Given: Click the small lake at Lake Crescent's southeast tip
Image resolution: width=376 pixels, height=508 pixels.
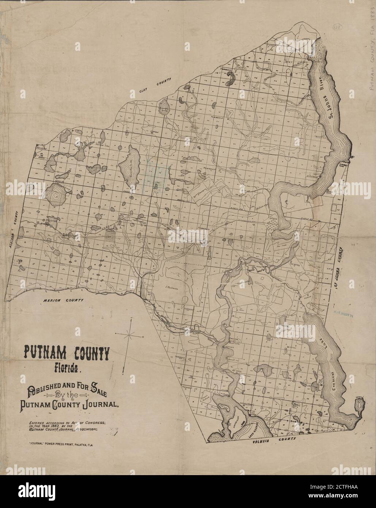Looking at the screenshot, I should pos(358,405).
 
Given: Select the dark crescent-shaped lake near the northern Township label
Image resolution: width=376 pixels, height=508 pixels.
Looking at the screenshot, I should pos(231,78).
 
